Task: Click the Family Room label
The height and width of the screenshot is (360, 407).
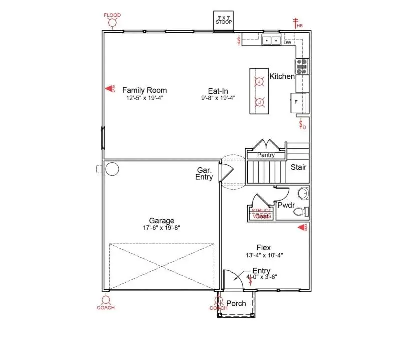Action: point(144,90)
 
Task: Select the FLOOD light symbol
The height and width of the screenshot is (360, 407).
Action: point(112,23)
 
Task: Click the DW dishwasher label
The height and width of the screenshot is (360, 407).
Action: point(287,43)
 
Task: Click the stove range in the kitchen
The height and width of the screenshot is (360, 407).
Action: point(302,67)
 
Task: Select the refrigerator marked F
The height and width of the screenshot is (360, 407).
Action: point(299,102)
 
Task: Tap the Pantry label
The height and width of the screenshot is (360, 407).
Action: point(266,155)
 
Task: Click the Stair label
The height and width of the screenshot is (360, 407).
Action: point(299,167)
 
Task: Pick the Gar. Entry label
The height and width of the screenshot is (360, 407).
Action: point(204,174)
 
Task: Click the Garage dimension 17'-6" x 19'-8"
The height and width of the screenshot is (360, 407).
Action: point(161,228)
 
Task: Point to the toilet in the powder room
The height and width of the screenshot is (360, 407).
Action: point(300,212)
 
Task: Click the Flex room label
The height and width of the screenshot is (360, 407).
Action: point(263,247)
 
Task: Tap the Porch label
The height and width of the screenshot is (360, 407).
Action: point(236,303)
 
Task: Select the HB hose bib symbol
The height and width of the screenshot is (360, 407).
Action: point(295,22)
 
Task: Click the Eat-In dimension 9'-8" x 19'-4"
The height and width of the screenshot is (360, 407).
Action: point(218,98)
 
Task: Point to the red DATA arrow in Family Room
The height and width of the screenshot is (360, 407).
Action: point(109,89)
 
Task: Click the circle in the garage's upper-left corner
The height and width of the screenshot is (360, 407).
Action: point(112,169)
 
